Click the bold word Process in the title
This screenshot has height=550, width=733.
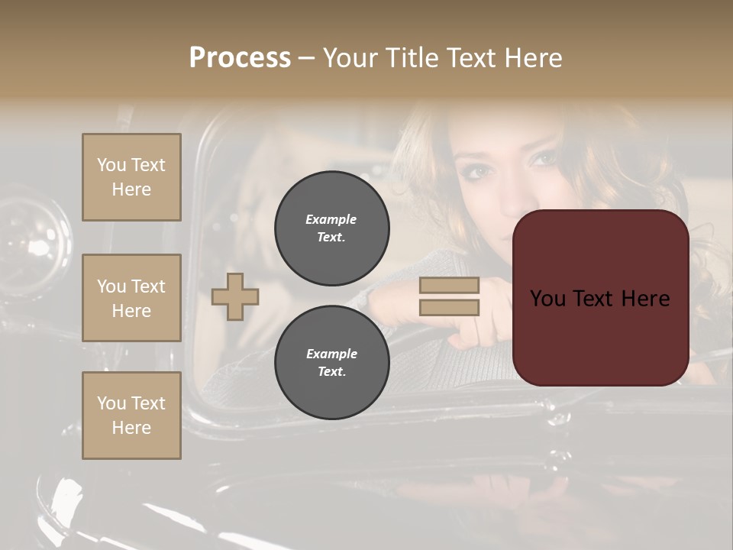(240, 58)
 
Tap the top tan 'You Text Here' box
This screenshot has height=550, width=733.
(131, 177)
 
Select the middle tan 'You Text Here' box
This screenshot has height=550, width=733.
(131, 298)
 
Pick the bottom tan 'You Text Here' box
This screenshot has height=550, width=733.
(131, 416)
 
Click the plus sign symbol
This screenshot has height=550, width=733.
(235, 296)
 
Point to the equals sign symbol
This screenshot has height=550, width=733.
(449, 296)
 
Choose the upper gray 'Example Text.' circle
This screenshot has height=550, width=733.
(331, 228)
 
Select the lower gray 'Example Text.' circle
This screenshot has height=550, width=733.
(331, 362)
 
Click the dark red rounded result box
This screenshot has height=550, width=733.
(600, 298)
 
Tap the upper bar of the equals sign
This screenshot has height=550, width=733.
(449, 285)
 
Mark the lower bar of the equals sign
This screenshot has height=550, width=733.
(449, 308)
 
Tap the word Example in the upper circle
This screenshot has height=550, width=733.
(331, 219)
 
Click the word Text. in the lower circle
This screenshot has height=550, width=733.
(331, 371)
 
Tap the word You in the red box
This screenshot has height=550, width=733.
(548, 299)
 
